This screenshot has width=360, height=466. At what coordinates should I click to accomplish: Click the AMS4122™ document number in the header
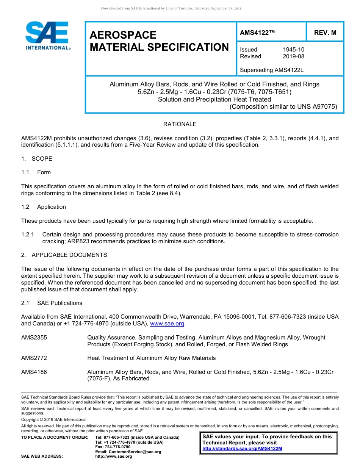coord(257,33)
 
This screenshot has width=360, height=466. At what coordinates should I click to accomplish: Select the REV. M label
coord(325,33)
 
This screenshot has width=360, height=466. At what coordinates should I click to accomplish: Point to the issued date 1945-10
coord(293,50)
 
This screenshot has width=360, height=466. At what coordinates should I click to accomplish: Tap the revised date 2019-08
coord(293,56)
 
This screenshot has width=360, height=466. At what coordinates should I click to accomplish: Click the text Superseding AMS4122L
coord(272,70)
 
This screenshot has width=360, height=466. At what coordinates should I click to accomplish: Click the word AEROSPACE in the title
coord(123,35)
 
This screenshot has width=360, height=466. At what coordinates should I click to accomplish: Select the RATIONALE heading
coord(180,124)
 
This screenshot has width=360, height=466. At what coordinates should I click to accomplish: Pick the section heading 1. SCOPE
coord(37,158)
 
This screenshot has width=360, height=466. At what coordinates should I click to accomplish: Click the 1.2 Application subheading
coord(44,207)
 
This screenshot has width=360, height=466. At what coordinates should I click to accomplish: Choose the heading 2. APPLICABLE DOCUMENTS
coord(64,255)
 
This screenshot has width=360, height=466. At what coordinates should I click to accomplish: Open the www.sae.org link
coord(167,324)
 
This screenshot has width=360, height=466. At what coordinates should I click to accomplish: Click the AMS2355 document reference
coord(34,337)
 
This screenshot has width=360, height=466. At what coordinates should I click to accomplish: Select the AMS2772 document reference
coord(34,358)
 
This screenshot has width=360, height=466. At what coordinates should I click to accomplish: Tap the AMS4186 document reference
coord(34,372)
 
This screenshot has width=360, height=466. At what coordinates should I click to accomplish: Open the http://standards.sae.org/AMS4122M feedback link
coord(242,449)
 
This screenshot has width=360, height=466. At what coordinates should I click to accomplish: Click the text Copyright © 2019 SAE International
coord(54,419)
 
